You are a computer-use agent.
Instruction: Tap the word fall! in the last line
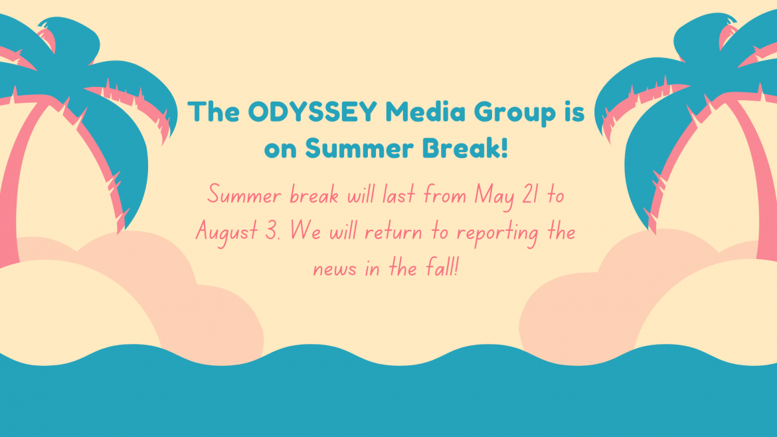click(442, 269)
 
